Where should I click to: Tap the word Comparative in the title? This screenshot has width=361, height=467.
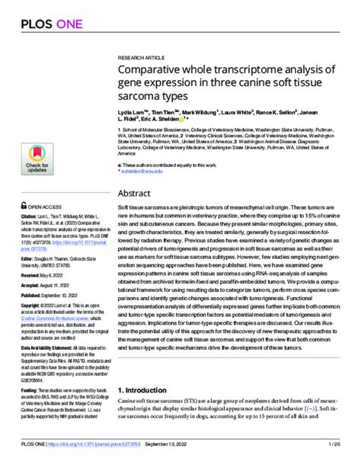[152, 70]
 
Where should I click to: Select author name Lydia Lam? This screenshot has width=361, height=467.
[131, 111]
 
